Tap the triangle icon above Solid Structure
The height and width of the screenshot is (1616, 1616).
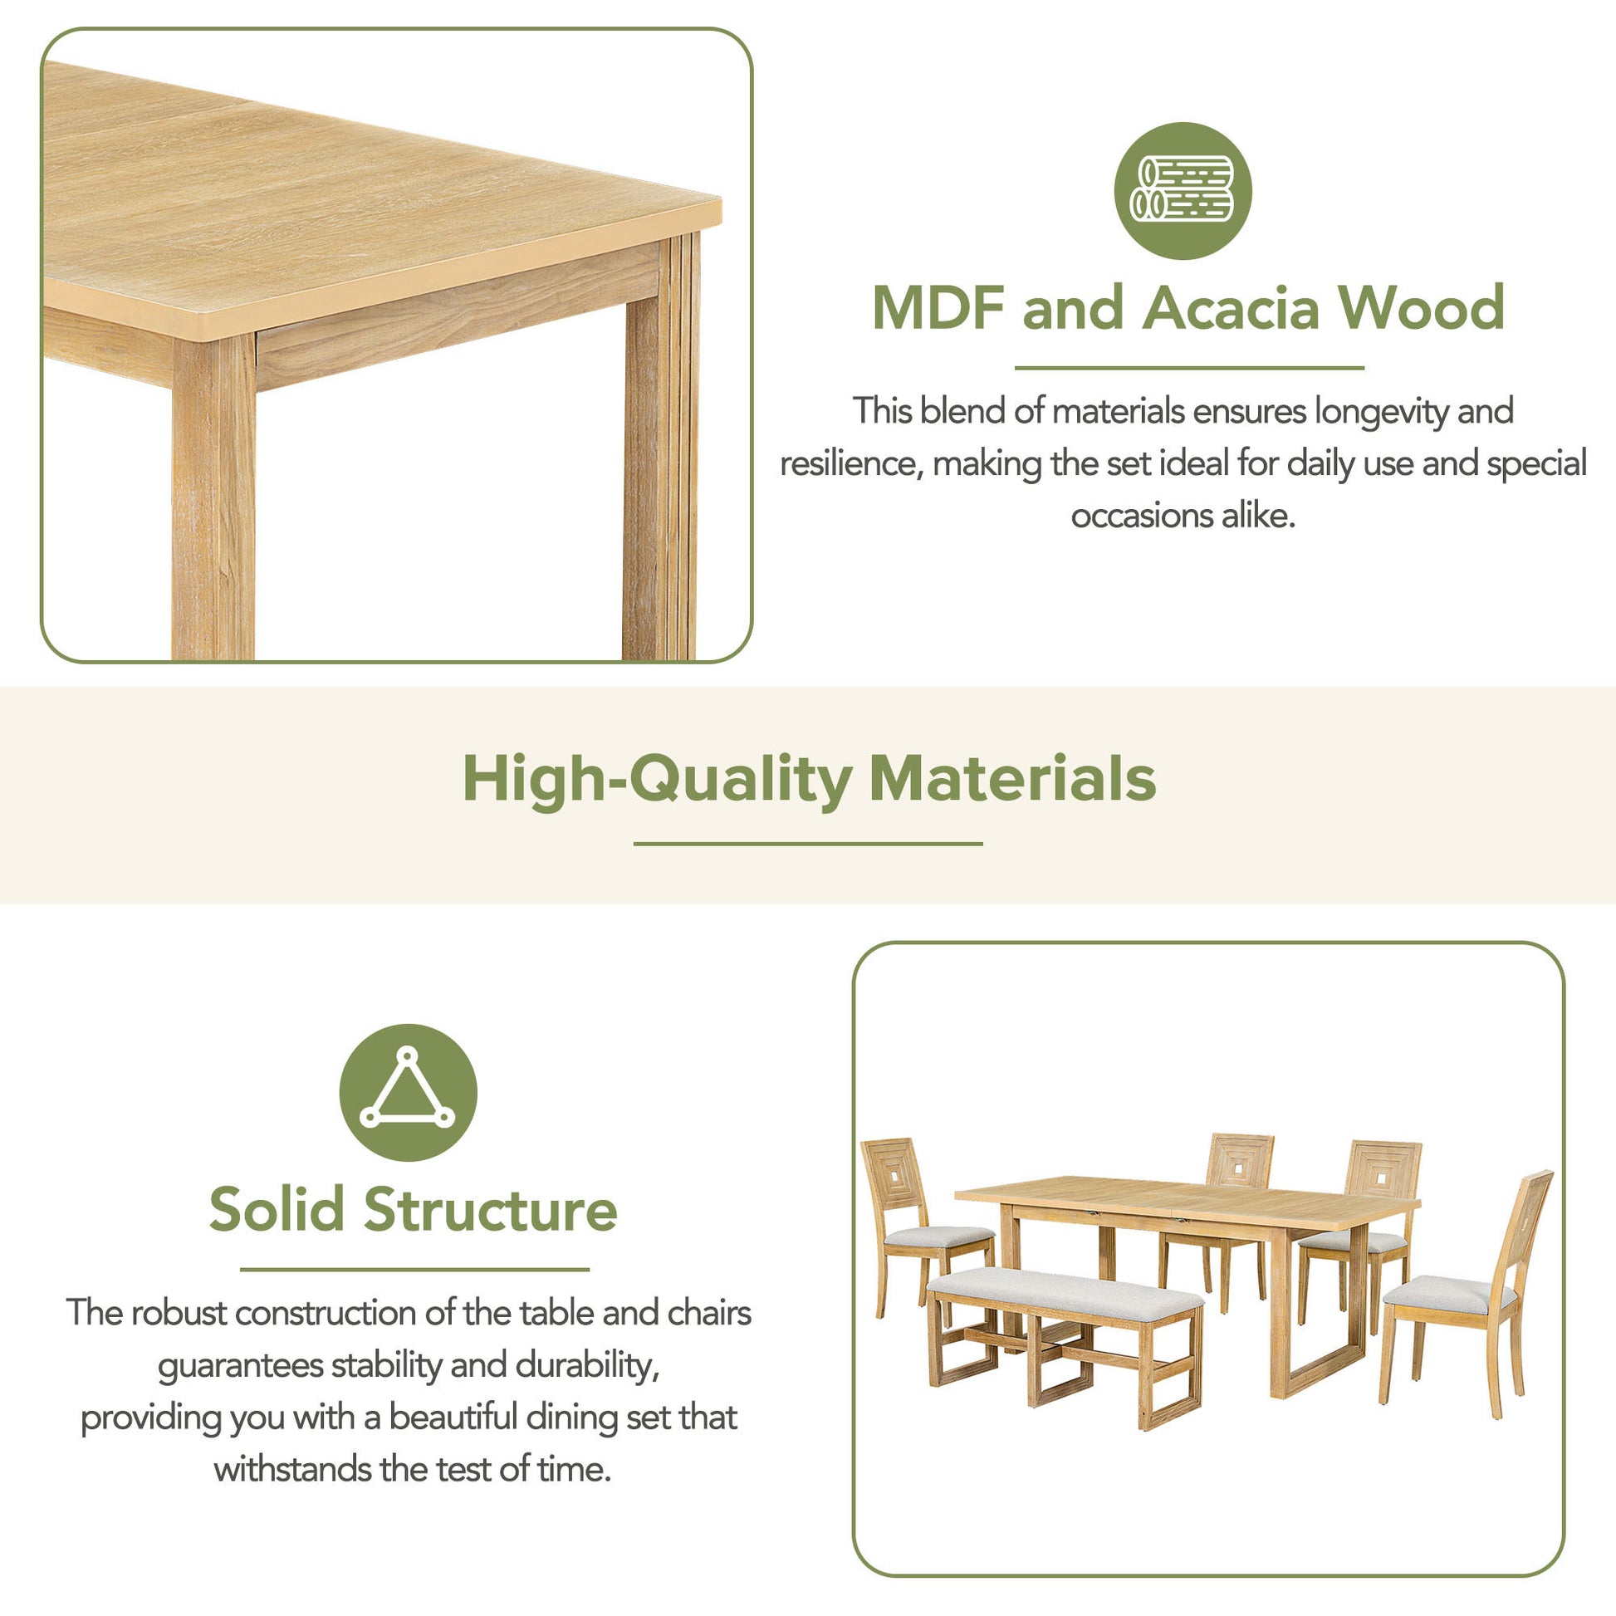[408, 1090]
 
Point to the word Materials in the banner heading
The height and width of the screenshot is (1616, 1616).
[1012, 779]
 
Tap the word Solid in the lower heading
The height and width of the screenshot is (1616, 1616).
[276, 1209]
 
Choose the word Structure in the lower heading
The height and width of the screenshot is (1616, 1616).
[490, 1209]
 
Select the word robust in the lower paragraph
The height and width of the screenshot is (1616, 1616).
[179, 1313]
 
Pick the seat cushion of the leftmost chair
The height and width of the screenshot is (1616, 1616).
[938, 1236]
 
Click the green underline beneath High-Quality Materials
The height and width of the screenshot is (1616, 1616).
[808, 844]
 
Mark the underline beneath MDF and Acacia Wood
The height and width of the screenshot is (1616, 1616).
[1189, 367]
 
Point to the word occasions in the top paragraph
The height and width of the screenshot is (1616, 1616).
[1142, 517]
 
